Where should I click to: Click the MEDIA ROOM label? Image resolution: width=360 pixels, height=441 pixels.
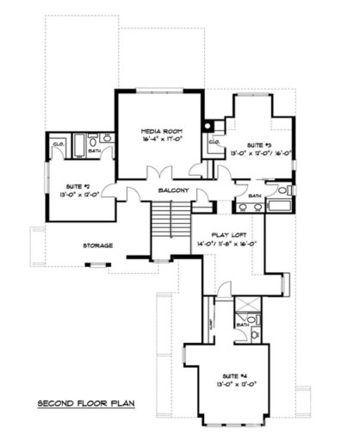point(161,133)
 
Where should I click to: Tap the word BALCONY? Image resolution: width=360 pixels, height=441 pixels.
point(172,190)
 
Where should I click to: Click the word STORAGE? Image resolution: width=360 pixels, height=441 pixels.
point(97,245)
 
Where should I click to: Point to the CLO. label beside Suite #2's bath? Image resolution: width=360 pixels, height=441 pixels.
point(59,143)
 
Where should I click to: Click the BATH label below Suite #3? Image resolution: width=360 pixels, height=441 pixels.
point(254,196)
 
